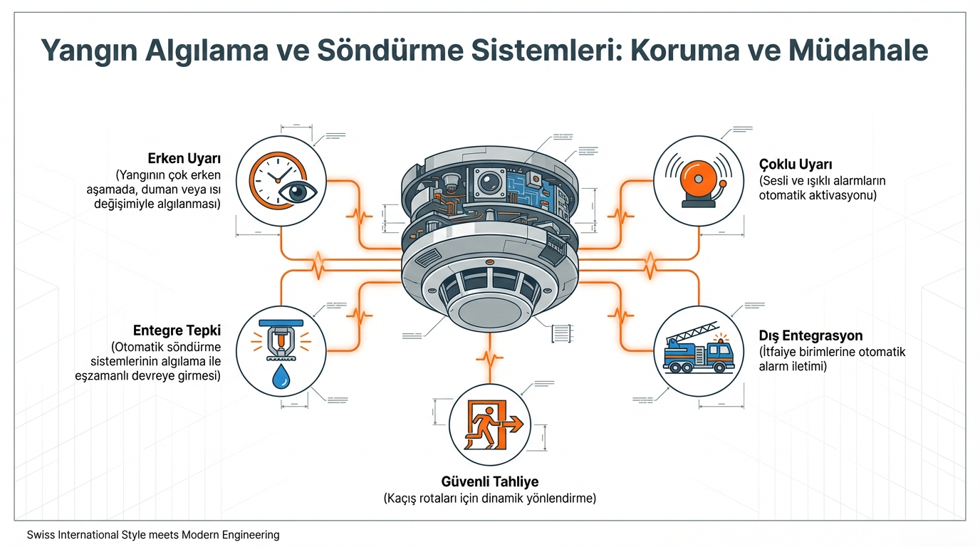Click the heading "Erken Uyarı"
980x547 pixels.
point(184,157)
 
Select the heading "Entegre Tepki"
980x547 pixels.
point(177,330)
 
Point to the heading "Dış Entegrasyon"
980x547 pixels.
point(811,335)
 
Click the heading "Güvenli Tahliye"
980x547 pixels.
point(489,482)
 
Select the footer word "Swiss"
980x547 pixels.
point(40,535)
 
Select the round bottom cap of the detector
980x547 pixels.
point(489,311)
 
